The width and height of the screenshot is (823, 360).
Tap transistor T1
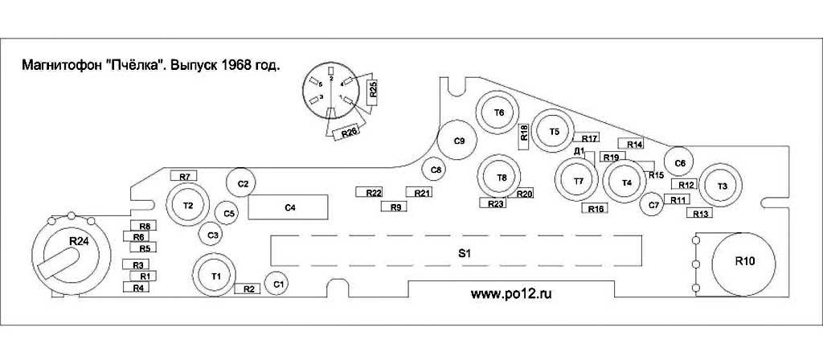[x=215, y=276]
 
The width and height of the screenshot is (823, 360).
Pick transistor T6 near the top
[x=499, y=112]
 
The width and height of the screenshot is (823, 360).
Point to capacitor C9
[x=459, y=141]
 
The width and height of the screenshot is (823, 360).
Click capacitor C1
[x=278, y=284]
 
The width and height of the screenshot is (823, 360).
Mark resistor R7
[x=184, y=176]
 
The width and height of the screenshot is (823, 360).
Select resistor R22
[x=373, y=193]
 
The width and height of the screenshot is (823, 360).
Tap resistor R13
[x=700, y=213]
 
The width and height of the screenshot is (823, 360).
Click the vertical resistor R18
[x=524, y=133]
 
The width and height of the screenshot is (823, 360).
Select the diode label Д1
[x=579, y=150]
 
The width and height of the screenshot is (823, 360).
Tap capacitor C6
[x=680, y=163]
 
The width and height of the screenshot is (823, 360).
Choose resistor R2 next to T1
[x=248, y=288]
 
